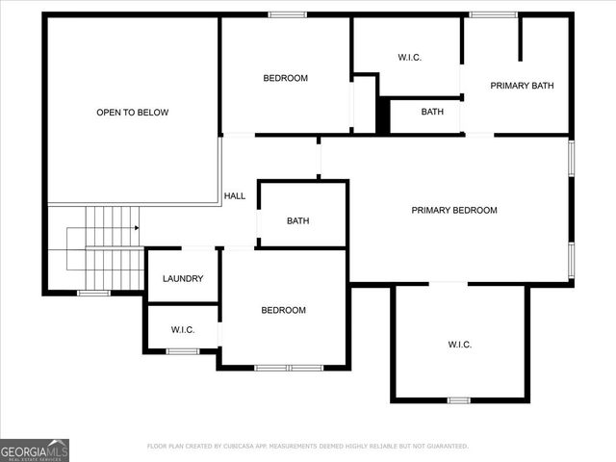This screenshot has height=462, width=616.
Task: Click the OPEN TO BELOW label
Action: (132, 113)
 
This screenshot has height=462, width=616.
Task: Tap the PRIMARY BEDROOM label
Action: (454, 210)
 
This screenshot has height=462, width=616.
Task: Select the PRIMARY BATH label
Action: (522, 86)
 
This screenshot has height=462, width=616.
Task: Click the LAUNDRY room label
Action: (183, 278)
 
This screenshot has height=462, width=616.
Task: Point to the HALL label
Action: (235, 195)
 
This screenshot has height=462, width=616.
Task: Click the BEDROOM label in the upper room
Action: (286, 78)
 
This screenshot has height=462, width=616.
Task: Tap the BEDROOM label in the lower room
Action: (284, 310)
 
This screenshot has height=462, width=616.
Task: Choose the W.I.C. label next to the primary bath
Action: (410, 57)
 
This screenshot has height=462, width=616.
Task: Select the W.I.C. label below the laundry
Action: (183, 330)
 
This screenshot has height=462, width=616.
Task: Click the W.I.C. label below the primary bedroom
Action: (460, 345)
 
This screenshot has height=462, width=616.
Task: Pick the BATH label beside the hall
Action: (298, 220)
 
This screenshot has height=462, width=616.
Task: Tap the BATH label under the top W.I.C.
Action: (432, 112)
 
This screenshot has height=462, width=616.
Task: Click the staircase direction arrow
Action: (137, 228)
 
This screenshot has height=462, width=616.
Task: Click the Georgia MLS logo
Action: (35, 449)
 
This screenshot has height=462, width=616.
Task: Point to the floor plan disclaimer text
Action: (308, 446)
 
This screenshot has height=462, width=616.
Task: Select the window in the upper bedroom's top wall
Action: (287, 14)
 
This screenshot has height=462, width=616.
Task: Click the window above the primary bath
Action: (493, 14)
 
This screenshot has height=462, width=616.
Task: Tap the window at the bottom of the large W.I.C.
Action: (459, 399)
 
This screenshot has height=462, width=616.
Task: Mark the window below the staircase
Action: (93, 293)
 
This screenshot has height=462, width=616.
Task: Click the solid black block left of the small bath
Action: (383, 115)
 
